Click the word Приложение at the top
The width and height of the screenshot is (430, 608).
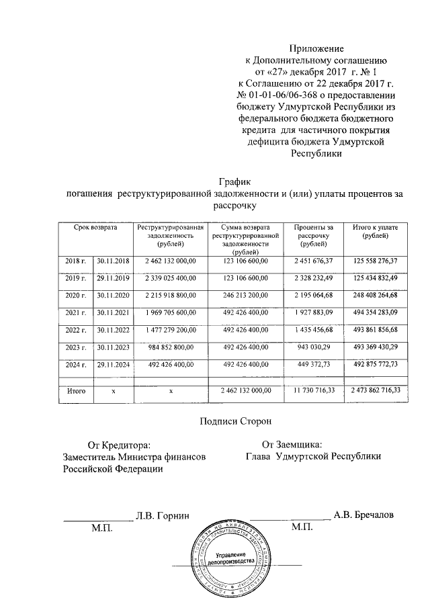[x=316, y=49]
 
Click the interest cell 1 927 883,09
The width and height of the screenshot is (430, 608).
[x=314, y=312]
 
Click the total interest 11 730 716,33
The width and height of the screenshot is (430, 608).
[x=314, y=390]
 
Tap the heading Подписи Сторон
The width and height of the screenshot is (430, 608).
[x=235, y=421]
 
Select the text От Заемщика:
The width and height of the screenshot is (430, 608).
[x=292, y=444]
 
